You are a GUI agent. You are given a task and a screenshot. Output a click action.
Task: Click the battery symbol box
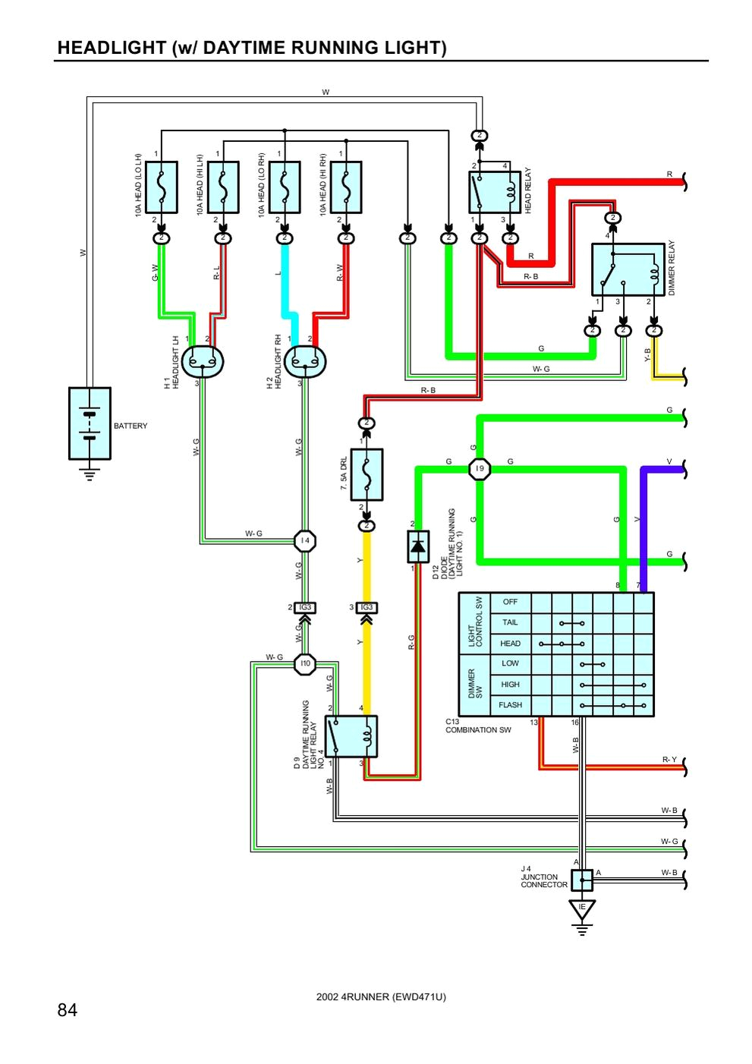[x=90, y=423]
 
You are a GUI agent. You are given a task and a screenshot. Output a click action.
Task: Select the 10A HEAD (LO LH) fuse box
[x=161, y=187]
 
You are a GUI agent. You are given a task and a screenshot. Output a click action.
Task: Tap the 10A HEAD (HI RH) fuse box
[x=345, y=187]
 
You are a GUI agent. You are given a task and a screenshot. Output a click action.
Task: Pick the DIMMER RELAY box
[x=628, y=269]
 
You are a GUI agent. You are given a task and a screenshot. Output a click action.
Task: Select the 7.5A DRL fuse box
[x=367, y=474]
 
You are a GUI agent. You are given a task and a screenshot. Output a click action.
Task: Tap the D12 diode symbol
[x=418, y=546]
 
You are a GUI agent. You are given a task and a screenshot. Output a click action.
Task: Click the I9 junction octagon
[x=479, y=469]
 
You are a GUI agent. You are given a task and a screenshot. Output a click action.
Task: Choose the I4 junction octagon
[x=305, y=540]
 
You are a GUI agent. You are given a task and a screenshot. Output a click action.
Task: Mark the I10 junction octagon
[x=305, y=663]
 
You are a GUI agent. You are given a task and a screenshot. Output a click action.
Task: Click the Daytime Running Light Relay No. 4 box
[x=351, y=736]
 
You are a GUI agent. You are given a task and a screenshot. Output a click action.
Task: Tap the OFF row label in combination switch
[x=510, y=602]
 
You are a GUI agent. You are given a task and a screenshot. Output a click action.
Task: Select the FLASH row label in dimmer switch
[x=510, y=705]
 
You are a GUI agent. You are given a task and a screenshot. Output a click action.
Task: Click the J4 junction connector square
[x=581, y=880]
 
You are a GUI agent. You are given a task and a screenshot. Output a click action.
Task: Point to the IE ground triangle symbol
[x=582, y=908]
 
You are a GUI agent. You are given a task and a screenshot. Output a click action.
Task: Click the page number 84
[x=67, y=1010]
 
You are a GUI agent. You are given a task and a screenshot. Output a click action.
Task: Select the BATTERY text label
[x=131, y=426]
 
